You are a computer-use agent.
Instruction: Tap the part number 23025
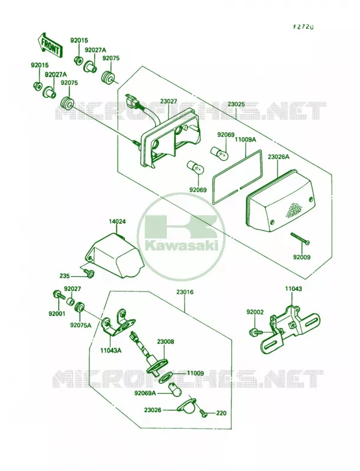pos(236,105)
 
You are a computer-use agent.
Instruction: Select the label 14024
pos(117,222)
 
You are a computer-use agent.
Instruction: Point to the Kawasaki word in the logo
pos(181,246)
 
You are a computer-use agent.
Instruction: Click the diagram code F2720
pos(303,26)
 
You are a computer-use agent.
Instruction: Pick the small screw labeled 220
pos(204,414)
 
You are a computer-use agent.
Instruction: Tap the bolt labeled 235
pos(90,273)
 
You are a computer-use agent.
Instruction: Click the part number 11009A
pos(246,140)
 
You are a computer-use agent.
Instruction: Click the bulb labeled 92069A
pos(174,389)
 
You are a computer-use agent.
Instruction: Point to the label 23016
pos(185,292)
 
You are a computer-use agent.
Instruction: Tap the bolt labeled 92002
pos(256,332)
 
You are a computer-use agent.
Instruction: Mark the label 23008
pos(166,342)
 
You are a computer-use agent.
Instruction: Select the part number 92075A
pos(81,325)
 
